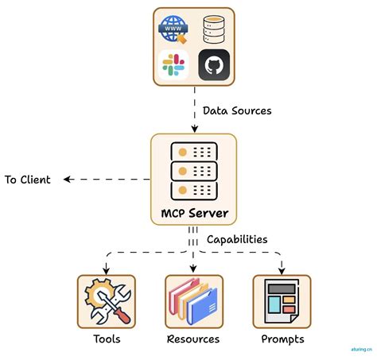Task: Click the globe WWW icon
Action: coord(173,29)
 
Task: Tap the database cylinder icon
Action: coord(215,29)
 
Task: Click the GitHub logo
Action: coord(215,65)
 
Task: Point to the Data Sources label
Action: coord(237,110)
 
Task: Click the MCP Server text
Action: coord(194,213)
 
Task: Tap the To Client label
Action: coord(27,180)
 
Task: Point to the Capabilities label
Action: coord(237,238)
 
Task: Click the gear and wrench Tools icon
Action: coord(106,301)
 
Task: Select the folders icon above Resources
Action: coord(193,302)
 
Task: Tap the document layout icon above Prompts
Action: coord(282,301)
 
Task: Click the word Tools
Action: coord(106,339)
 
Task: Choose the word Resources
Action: coord(193,339)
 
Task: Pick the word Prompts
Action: coord(282,339)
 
